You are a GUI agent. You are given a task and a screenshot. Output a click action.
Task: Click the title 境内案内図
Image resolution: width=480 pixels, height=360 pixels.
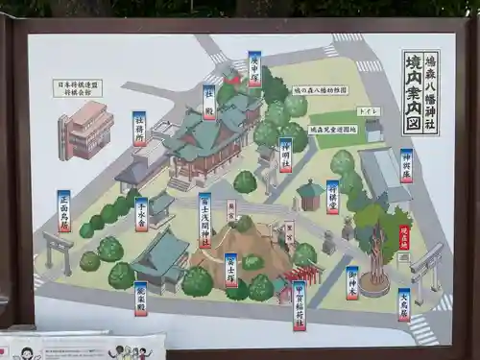coord(413,92)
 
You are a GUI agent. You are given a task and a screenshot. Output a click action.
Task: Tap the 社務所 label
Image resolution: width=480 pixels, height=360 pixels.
coord(139,127)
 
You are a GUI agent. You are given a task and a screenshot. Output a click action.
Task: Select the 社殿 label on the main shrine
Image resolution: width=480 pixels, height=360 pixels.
coord(208,102)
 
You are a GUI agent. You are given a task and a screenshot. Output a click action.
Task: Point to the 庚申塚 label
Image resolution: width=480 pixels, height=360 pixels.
coord(254,68)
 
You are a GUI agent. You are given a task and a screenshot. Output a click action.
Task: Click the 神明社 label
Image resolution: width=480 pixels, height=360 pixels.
coord(285,154)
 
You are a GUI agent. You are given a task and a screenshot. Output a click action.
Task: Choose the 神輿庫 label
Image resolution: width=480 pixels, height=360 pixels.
coord(406,165)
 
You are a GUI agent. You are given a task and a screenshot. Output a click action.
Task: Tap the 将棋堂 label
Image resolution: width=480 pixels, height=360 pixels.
coord(332,196)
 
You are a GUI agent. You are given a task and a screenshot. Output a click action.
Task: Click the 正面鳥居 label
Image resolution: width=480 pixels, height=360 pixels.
coord(64,210)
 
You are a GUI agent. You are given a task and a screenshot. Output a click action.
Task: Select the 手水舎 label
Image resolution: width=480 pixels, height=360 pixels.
coord(141,214)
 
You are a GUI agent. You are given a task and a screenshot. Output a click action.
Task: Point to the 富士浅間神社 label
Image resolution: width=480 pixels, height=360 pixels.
coord(204,220)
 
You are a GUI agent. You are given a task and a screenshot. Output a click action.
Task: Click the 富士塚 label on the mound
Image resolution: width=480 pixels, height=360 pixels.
coord(230,270)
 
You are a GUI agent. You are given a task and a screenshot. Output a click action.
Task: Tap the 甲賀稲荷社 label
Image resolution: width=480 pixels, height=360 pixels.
coord(299,304)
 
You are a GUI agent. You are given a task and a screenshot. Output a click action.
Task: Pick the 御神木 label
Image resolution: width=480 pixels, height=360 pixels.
coord(352,282)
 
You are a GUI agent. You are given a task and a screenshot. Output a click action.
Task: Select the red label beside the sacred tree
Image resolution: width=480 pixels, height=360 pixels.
coord(404,237)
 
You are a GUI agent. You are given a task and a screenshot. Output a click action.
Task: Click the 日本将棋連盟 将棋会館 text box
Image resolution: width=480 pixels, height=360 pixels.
coord(78,88)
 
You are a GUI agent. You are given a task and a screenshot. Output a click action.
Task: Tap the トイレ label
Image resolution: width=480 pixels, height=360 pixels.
coord(369,111)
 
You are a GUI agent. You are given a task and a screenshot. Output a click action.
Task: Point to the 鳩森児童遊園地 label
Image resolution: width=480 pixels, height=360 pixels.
coord(333,129)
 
